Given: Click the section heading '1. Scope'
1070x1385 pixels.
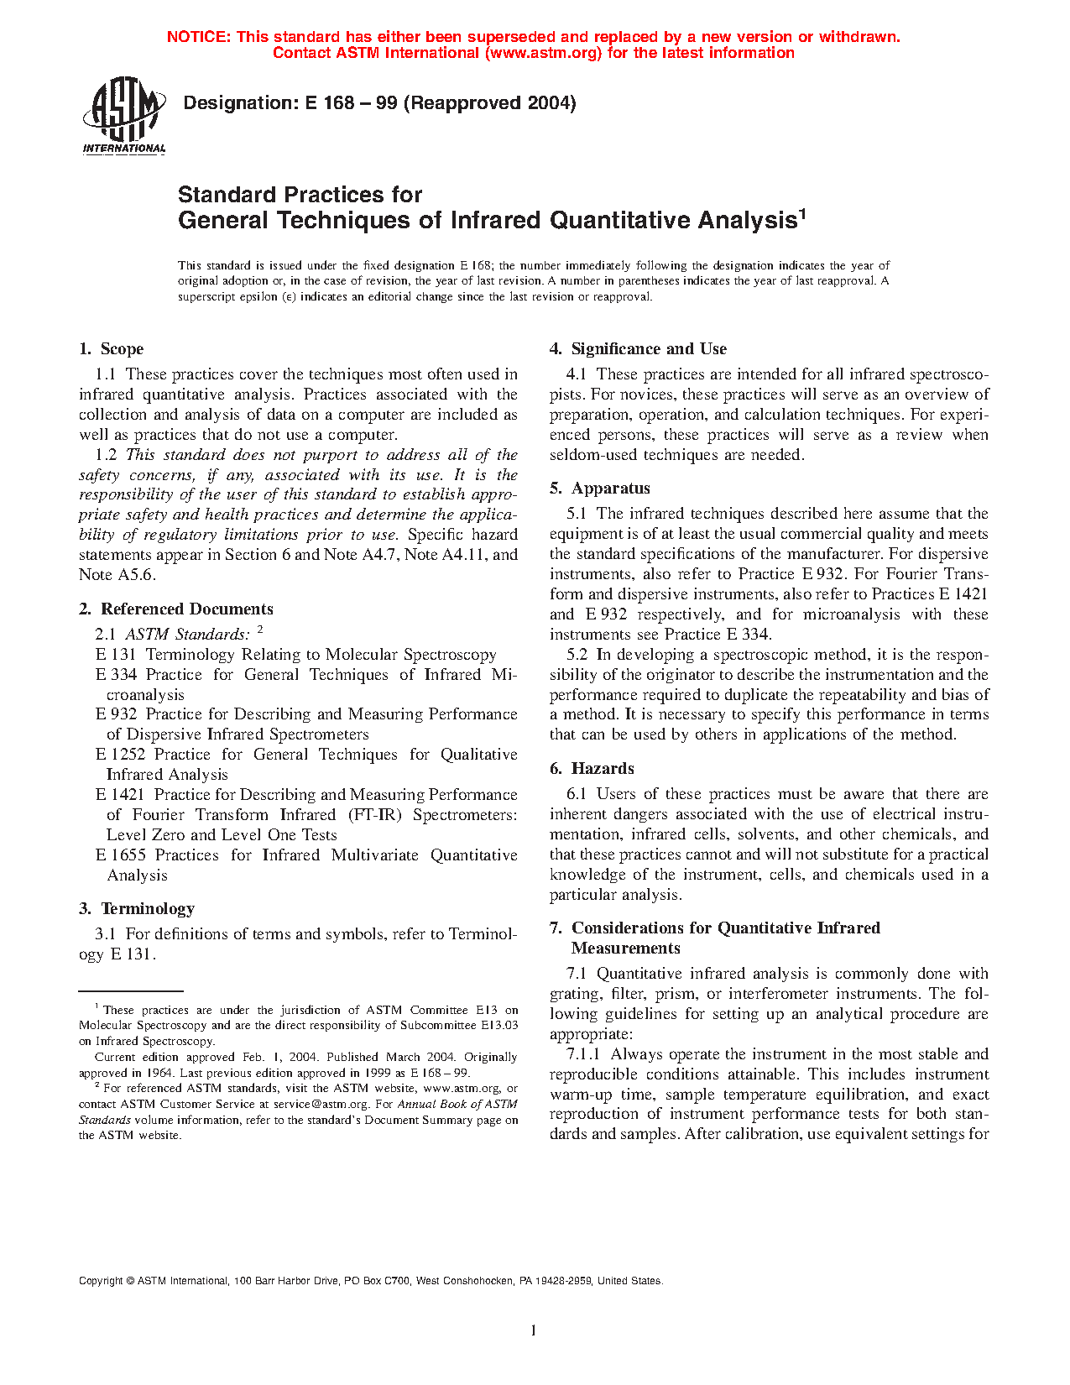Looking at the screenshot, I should point(112,349).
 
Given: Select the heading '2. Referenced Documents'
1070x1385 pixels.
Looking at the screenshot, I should point(176,609).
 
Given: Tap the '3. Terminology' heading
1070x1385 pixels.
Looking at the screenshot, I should point(137,909).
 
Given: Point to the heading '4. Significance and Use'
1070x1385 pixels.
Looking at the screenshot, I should point(638,349).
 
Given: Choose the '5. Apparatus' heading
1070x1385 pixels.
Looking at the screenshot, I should point(599,489).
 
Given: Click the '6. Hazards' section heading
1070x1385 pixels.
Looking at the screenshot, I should point(592,769).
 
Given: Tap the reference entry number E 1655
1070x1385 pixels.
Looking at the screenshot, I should point(121,855).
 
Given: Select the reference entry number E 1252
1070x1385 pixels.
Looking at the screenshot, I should point(121,755).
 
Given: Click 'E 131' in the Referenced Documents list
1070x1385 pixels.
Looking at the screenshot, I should point(116,655).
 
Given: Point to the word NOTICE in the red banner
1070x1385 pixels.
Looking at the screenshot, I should point(198,37).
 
